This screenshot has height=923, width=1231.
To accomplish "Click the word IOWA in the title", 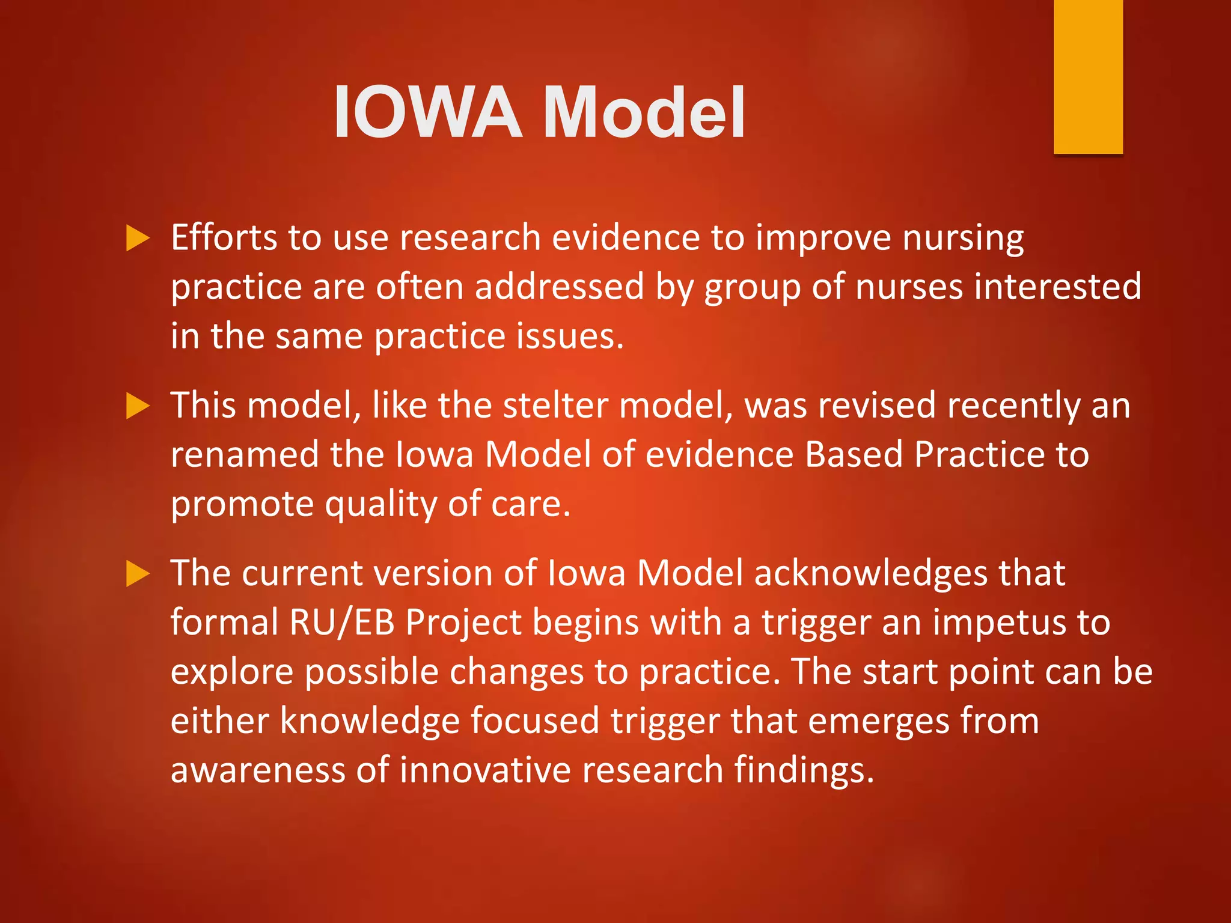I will tap(427, 112).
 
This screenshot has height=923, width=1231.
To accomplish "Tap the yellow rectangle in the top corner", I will tap(1088, 76).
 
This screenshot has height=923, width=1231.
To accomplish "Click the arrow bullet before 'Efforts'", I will tap(138, 239).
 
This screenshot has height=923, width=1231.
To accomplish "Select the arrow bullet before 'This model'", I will tap(138, 407).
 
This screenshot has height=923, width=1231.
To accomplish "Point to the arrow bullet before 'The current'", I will tap(138, 574).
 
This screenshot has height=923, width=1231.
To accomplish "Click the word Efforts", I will tap(223, 237).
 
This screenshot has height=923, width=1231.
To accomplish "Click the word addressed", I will tap(559, 287).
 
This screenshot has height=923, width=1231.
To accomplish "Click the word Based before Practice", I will tap(854, 454).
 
